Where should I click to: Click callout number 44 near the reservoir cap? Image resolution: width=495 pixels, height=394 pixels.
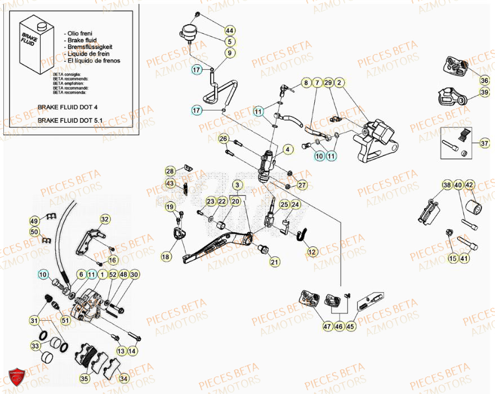pos(230,30)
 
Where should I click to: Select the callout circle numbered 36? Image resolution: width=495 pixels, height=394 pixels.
pos(484,81)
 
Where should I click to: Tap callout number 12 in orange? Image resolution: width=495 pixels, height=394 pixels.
pos(312,253)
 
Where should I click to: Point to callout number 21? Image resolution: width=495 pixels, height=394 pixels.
pos(274,262)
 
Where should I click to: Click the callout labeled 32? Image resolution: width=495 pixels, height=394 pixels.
pos(105,219)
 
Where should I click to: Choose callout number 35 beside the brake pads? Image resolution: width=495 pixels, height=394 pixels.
pos(85,378)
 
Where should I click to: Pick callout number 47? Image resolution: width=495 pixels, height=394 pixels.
pos(311,326)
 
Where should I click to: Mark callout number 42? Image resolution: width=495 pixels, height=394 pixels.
pos(469,185)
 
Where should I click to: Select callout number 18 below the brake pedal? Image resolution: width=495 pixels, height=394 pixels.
pos(166,256)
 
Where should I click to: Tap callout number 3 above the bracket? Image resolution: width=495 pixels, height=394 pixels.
pos(238,185)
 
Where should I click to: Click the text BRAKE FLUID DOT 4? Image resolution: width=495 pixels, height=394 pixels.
pos(68,106)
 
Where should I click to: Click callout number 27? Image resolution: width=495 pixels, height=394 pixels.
pos(302,185)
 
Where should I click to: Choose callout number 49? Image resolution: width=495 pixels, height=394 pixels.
pos(34,220)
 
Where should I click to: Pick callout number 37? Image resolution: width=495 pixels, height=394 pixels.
pos(484,143)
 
